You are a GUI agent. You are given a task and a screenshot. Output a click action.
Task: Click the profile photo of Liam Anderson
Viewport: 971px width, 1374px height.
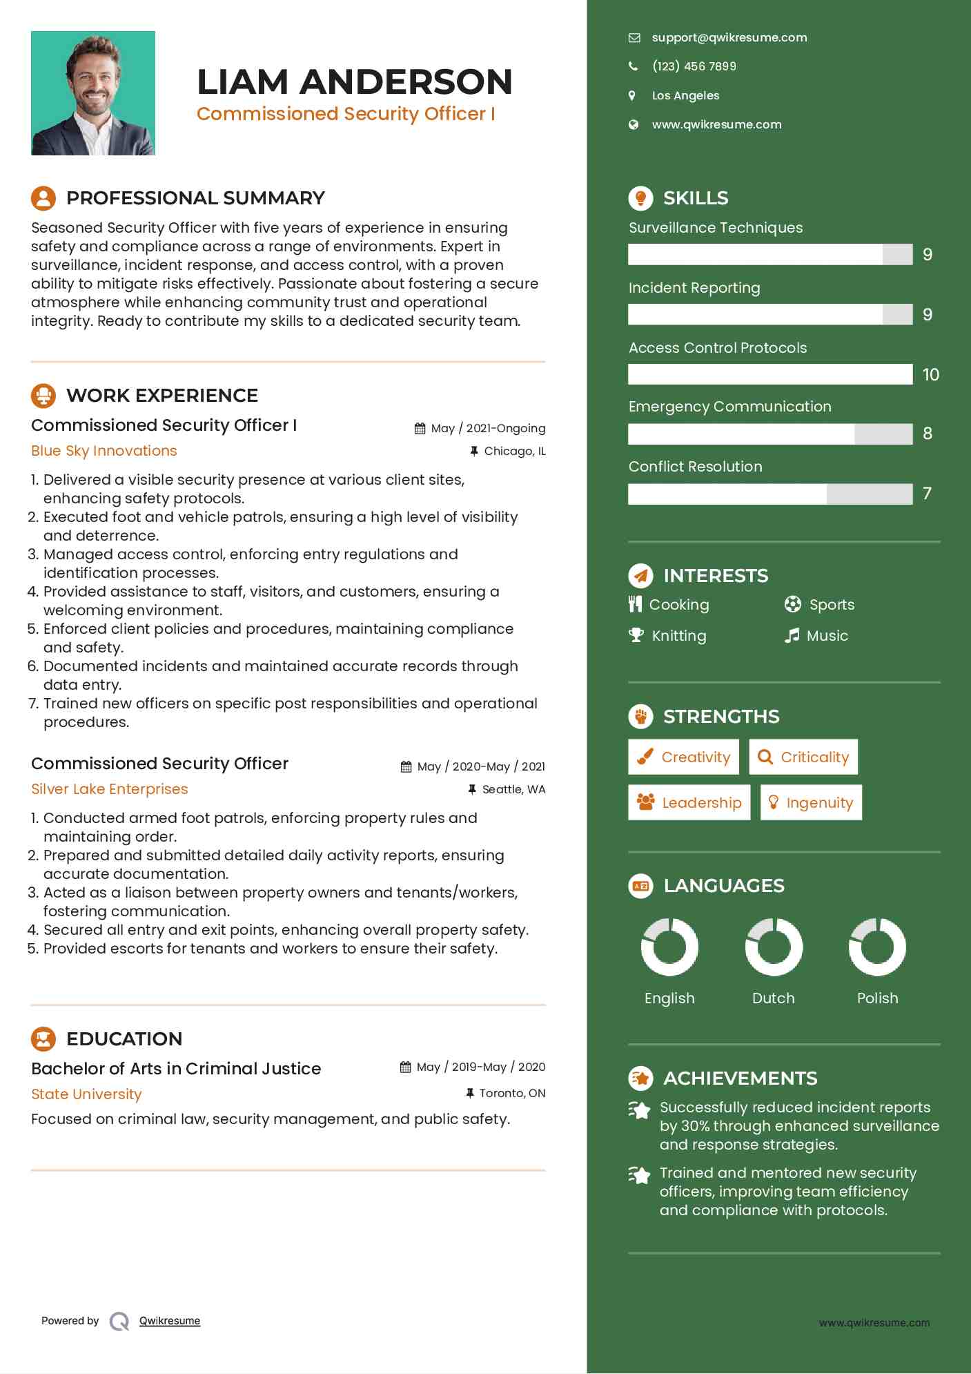pos(93,93)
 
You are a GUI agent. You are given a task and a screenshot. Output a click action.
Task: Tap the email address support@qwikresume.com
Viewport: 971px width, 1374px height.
pos(729,38)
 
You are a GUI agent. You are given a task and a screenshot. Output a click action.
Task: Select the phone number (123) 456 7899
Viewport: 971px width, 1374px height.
pos(694,66)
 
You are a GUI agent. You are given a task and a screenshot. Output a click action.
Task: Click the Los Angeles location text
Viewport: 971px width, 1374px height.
pos(685,95)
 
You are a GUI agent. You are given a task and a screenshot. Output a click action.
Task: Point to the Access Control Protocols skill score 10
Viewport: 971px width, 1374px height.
pos(930,375)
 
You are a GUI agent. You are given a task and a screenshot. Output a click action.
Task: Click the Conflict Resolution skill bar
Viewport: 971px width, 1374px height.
pos(769,494)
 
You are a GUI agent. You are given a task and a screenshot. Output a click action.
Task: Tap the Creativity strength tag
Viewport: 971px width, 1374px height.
pos(683,757)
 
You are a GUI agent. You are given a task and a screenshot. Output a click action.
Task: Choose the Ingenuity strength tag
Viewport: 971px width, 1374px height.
pos(811,802)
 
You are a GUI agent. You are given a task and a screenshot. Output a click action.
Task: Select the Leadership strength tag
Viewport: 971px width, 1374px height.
pos(689,802)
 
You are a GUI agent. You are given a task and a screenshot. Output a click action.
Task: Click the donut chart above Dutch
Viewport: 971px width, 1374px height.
pos(774,947)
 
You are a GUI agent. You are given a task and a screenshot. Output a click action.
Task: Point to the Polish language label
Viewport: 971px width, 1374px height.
pos(877,998)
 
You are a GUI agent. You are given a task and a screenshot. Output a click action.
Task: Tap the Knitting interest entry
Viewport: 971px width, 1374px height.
pos(678,635)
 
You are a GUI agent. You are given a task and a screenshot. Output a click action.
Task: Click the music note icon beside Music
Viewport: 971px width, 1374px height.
pos(792,635)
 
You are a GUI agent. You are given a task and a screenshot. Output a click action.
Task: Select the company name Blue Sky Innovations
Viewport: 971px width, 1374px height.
pos(104,451)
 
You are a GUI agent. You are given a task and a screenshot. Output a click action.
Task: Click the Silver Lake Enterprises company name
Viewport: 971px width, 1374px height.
pos(110,789)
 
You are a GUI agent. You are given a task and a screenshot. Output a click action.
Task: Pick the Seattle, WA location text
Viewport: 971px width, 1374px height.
pos(513,789)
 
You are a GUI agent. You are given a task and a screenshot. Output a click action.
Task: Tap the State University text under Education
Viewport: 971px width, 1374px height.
pos(86,1094)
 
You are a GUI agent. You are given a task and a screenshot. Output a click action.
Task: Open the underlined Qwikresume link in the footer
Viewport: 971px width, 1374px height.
pos(170,1321)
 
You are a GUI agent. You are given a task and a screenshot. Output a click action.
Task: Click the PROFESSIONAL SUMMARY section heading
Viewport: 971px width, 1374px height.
pos(195,198)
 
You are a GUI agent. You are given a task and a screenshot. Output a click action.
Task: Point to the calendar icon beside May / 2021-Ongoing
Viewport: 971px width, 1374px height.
pos(420,429)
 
